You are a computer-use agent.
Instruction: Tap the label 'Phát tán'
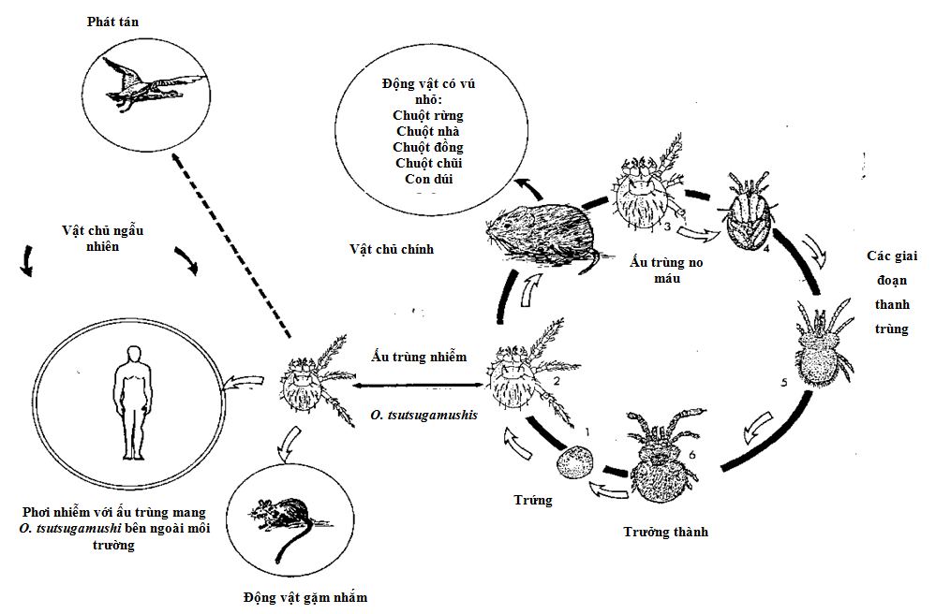point(113,22)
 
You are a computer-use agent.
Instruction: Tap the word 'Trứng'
point(534,500)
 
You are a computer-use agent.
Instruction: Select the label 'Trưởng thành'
point(665,532)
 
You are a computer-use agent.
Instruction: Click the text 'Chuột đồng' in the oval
point(428,147)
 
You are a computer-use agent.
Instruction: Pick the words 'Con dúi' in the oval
point(428,178)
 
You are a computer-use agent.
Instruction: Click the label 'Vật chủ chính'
point(392,250)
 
